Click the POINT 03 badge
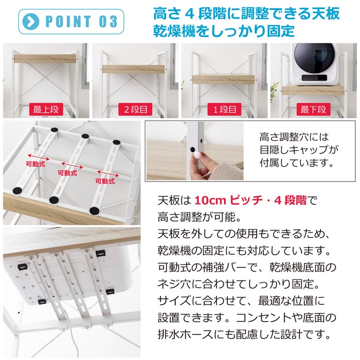[71, 22]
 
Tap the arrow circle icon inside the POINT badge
[32, 22]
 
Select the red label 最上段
[46, 109]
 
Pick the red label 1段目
[225, 109]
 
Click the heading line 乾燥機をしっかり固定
[223, 31]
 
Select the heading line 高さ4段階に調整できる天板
[246, 13]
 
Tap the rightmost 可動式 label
[105, 181]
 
